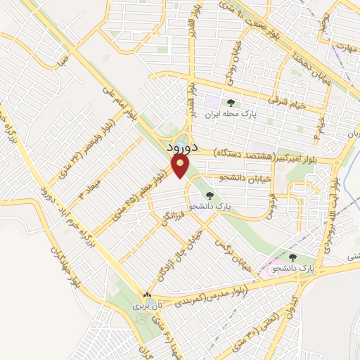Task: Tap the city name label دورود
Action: tap(179, 149)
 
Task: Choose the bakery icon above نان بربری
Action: tap(147, 295)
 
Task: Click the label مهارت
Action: tap(343, 46)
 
